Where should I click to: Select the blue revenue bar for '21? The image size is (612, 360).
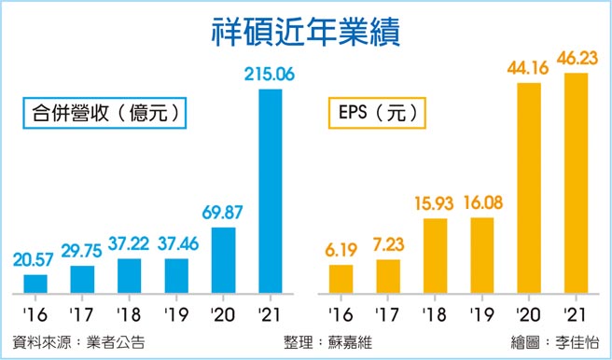click(x=271, y=190)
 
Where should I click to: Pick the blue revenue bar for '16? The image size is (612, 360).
click(x=35, y=283)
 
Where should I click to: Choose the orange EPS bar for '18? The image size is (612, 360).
click(x=436, y=255)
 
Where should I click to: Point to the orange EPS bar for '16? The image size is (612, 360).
click(x=341, y=278)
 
